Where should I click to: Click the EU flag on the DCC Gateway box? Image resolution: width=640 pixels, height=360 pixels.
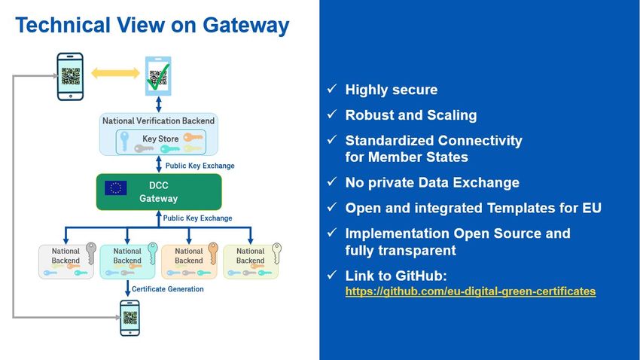[115, 188]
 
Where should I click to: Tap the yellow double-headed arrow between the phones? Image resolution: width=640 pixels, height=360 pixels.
[115, 73]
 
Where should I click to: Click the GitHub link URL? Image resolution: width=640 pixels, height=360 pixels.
[470, 291]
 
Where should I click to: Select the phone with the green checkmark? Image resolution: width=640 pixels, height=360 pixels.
[158, 76]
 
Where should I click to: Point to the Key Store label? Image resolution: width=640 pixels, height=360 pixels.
[160, 139]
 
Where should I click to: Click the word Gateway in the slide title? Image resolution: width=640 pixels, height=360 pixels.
[245, 26]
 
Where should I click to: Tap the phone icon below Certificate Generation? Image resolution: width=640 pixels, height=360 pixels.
[130, 318]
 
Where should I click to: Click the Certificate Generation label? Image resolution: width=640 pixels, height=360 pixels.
[167, 289]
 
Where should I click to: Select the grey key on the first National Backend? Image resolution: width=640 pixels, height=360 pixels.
[91, 252]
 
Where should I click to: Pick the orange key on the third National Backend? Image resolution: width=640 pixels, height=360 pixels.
[212, 252]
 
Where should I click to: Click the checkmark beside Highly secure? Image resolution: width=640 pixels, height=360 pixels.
[332, 89]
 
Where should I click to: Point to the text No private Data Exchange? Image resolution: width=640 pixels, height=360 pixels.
[432, 182]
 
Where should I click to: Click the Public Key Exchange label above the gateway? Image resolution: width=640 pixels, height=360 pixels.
[200, 166]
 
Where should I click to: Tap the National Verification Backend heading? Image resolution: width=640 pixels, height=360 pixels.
[158, 121]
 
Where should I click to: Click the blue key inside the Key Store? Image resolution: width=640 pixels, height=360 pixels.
[124, 142]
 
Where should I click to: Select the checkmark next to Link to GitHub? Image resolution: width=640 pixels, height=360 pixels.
[332, 275]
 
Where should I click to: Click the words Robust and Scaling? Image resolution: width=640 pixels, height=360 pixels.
[411, 115]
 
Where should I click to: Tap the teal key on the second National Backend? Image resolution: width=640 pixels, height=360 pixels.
[152, 253]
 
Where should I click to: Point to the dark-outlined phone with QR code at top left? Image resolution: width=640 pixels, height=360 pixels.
[70, 76]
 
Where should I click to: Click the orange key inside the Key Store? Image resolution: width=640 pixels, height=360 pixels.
[193, 137]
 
